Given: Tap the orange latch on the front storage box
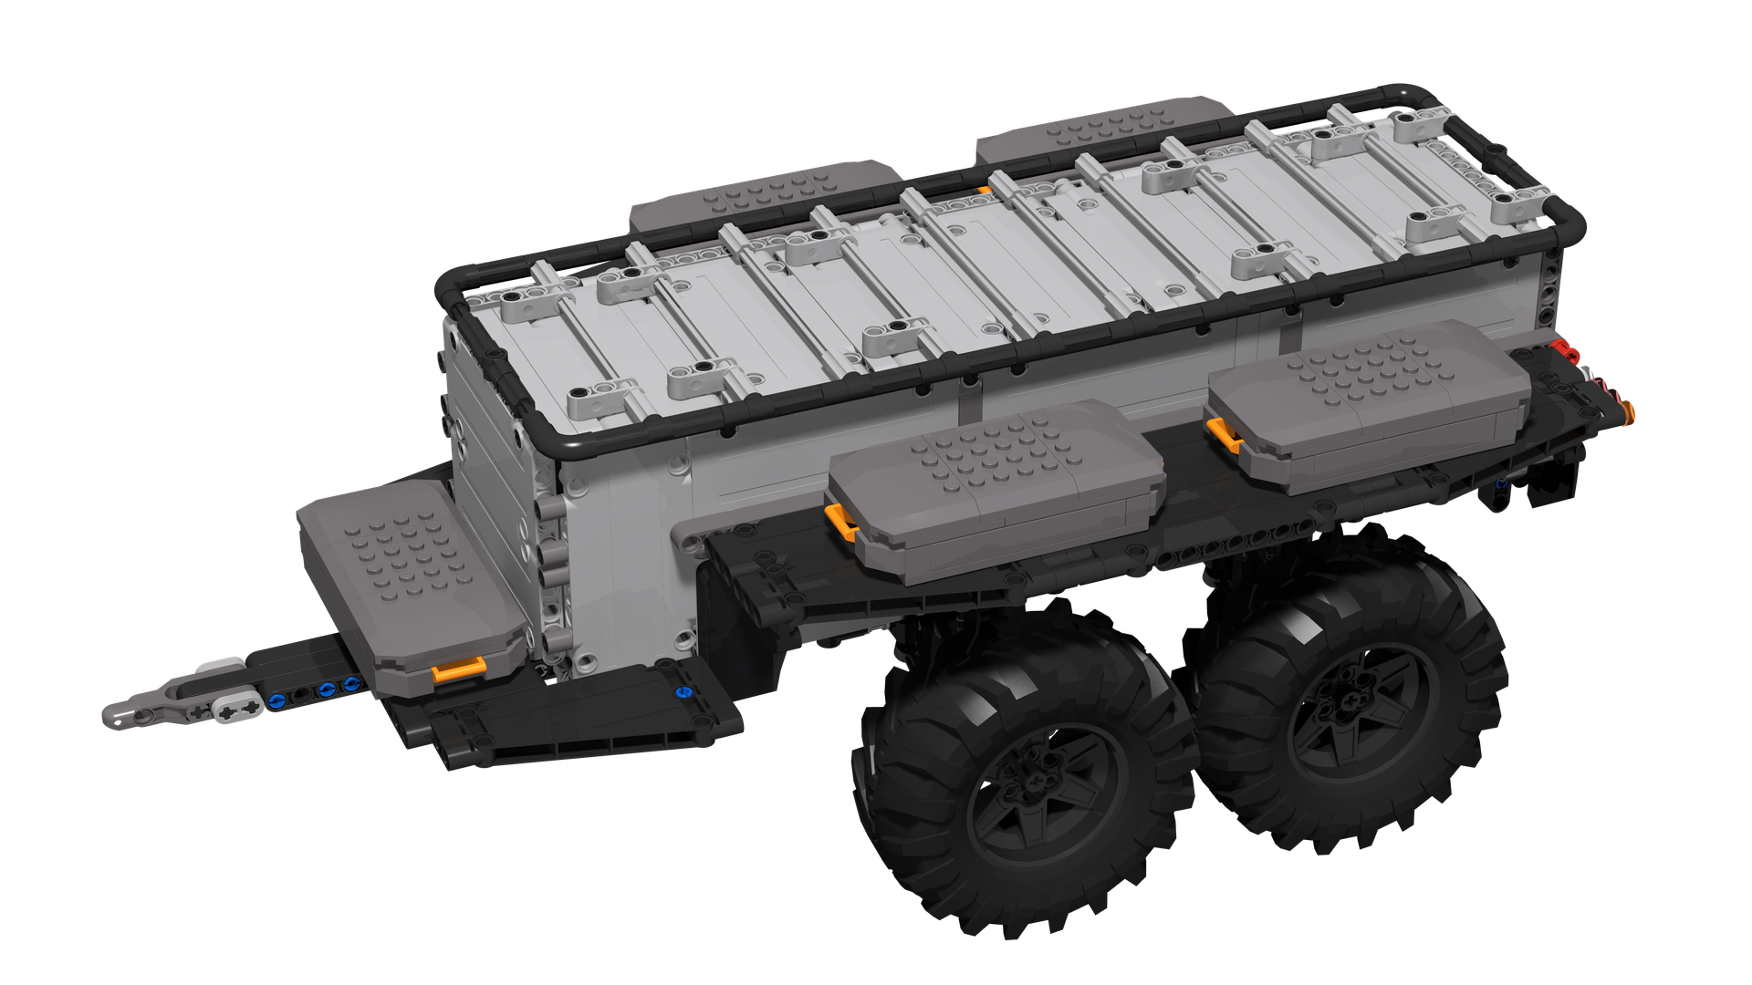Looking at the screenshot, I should (x=458, y=670).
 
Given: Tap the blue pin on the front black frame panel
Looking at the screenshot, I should (x=681, y=692).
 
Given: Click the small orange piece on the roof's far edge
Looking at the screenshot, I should (x=984, y=191).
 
